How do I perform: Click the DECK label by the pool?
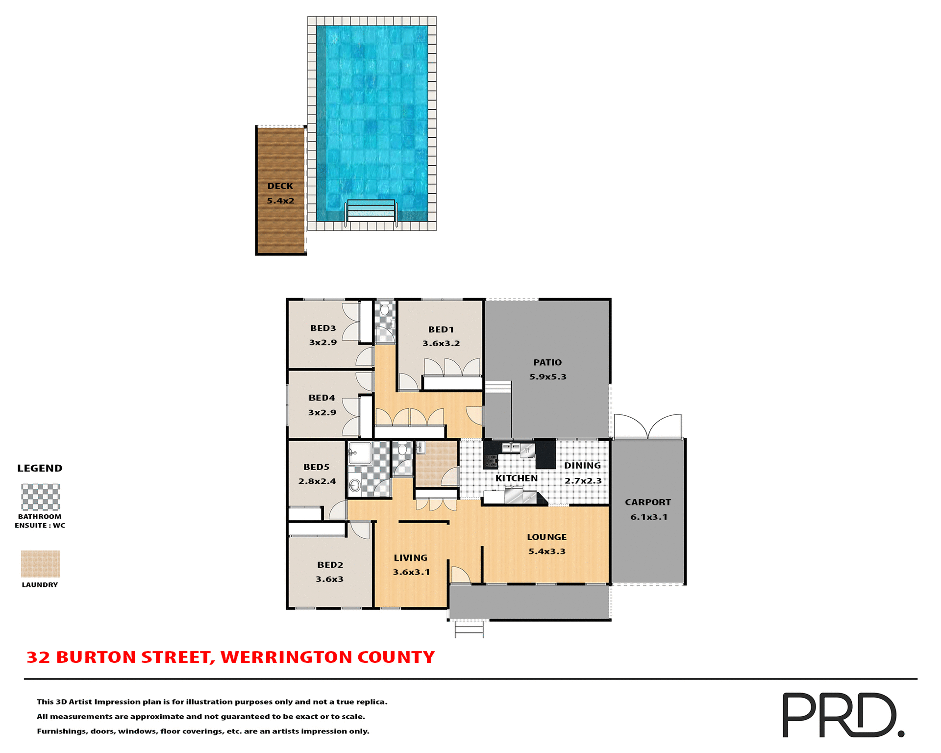tap(280, 186)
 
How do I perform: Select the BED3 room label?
tap(323, 328)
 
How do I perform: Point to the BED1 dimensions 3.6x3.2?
tap(441, 344)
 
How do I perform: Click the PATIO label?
tap(547, 363)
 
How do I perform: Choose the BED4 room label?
tap(322, 398)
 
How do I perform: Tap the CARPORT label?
tap(648, 502)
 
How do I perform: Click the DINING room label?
tap(582, 466)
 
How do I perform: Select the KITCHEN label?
tap(517, 478)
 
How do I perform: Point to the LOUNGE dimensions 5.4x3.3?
tap(547, 552)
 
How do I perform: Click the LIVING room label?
tap(411, 558)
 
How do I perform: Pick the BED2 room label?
tap(330, 565)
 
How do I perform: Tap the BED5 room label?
tap(317, 467)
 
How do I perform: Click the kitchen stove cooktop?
tap(491, 461)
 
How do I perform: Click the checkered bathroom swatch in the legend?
tap(40, 497)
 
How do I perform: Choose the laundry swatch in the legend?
tap(40, 564)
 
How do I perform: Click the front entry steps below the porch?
tap(469, 629)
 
